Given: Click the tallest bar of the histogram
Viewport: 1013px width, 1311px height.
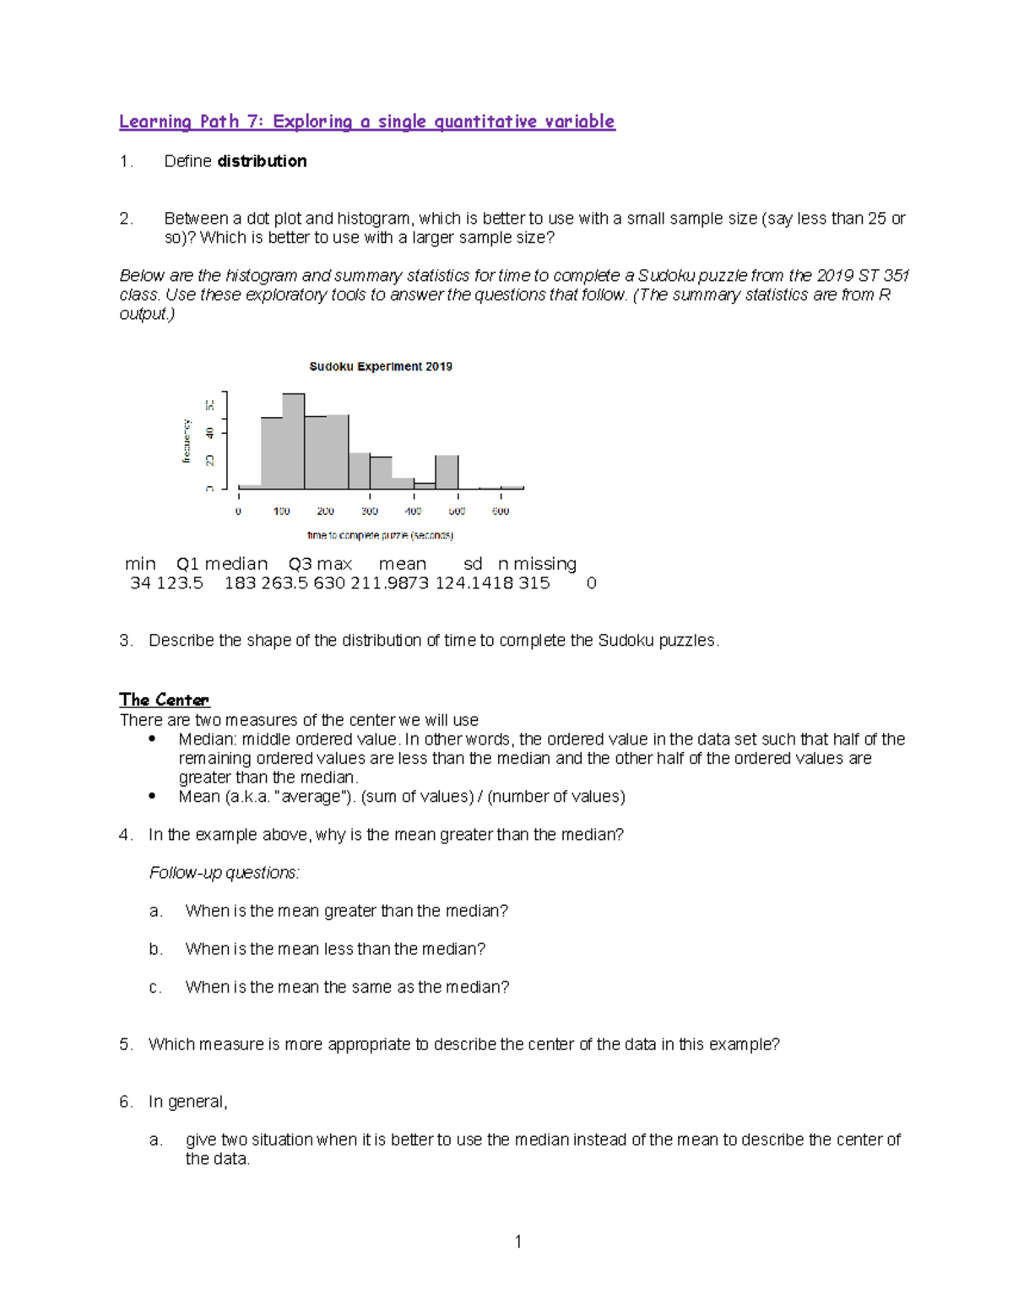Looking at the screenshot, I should pos(293,441).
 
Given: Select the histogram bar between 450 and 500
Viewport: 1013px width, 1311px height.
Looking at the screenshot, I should pos(447,472).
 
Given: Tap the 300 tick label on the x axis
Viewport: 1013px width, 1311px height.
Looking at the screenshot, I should pos(370,512).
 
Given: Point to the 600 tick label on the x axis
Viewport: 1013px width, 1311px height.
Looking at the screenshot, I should pos(501,512).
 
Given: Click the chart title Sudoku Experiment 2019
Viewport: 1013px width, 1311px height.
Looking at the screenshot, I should pos(381,366).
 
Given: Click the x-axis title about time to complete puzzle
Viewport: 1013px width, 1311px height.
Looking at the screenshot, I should pos(380,535).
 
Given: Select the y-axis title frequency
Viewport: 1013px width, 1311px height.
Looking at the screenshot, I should pos(187,442).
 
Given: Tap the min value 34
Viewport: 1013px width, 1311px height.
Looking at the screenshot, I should pos(140,583).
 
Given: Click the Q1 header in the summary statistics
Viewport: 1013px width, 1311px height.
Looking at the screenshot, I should pos(187,564).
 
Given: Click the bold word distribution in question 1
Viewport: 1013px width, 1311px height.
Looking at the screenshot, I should pos(262,161).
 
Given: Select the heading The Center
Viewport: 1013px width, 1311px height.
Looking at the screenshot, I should pos(164,700).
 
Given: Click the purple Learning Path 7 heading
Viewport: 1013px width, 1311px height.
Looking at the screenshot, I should pos(366,122).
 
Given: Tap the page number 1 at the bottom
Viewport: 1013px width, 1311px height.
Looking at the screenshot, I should pos(518,1241).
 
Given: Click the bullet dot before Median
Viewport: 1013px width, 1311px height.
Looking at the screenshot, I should pos(152,739).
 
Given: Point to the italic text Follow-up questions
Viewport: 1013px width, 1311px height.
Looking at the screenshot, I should pos(225,873).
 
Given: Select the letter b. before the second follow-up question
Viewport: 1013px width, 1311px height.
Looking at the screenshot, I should pos(155,949).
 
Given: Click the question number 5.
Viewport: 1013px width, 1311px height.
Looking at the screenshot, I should pos(125,1044).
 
